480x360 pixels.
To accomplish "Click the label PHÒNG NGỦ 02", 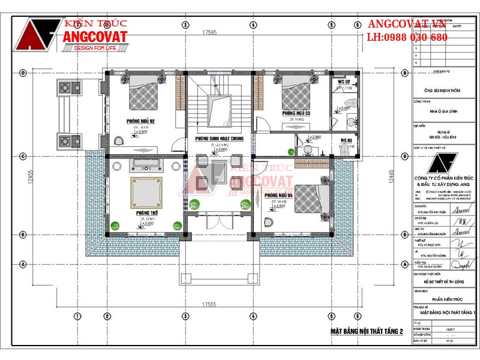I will click(140, 121).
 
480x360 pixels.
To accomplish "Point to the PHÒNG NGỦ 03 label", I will click(296, 113).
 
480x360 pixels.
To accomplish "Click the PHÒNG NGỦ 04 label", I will click(278, 196).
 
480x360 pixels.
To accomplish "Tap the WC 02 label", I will click(344, 81).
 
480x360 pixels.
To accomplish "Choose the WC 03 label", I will click(347, 140).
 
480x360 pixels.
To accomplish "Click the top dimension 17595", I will click(209, 32).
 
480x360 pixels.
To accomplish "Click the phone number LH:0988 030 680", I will click(407, 37).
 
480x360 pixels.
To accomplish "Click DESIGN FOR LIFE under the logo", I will click(100, 48).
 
